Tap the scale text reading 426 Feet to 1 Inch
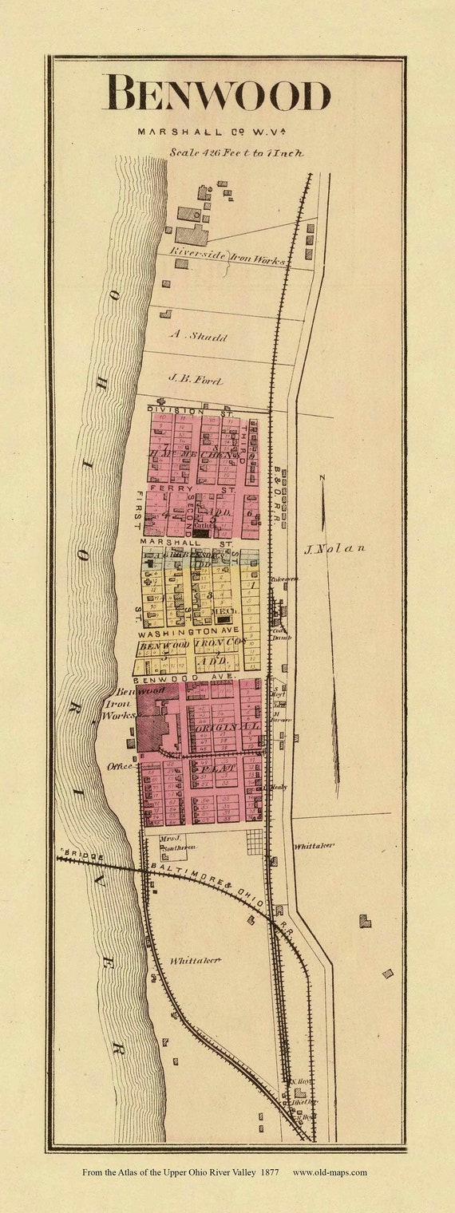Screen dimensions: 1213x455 point(235,152)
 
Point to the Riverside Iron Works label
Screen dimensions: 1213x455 point(226,255)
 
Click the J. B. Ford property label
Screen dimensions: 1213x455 point(195,381)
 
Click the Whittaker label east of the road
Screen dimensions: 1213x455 point(313,845)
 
